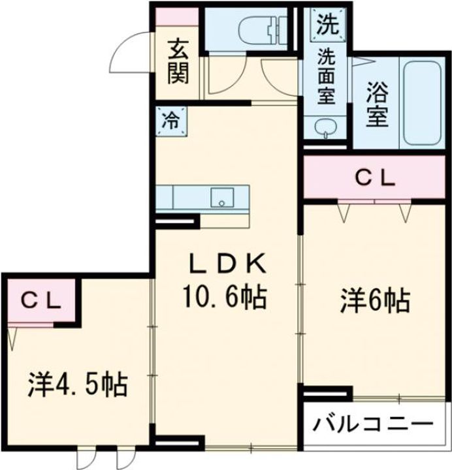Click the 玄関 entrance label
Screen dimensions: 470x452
pyautogui.click(x=177, y=62)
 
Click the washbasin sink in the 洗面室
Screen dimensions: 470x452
pyautogui.click(x=325, y=127)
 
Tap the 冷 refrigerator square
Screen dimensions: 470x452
pyautogui.click(x=170, y=121)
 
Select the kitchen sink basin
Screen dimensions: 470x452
pyautogui.click(x=221, y=196)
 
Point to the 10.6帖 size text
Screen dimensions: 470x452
pyautogui.click(x=225, y=298)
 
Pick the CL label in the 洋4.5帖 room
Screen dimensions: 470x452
pyautogui.click(x=40, y=300)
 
